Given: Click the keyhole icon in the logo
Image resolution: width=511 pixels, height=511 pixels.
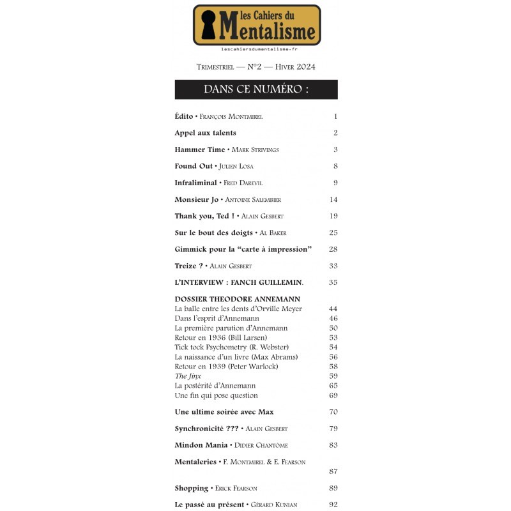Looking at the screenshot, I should tap(208, 25).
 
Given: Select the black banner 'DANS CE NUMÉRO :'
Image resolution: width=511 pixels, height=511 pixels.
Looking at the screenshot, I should tap(256, 89).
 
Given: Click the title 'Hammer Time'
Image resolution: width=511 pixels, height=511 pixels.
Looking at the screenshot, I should tap(199, 149).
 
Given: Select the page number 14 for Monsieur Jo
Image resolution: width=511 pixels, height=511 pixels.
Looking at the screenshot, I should tap(333, 199).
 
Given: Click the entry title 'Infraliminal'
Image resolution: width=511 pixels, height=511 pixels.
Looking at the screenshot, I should tap(196, 183).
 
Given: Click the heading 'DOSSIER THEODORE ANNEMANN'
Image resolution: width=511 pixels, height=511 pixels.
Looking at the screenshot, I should tap(237, 299).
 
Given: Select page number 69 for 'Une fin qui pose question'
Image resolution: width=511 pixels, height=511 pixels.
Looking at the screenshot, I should tap(333, 395).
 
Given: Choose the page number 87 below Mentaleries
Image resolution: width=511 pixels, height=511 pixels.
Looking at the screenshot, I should tap(333, 471).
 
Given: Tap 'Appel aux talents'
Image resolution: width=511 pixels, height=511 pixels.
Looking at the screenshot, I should tap(205, 133).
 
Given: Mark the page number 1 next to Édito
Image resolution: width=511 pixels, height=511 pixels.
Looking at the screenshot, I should tap(335, 116).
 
